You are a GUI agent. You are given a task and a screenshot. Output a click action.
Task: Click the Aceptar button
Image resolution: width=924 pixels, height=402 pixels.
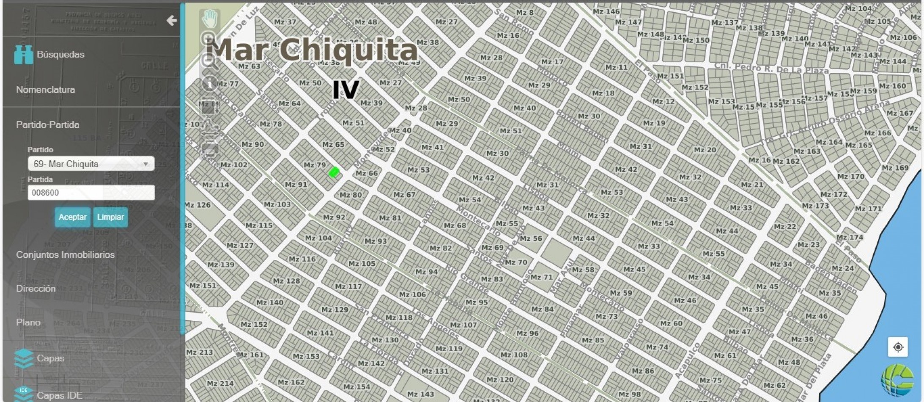click(72, 217)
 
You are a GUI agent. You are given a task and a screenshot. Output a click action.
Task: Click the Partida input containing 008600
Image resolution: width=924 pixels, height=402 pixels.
click(91, 193)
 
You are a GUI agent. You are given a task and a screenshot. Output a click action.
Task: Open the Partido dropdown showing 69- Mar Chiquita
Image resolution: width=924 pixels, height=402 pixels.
click(91, 164)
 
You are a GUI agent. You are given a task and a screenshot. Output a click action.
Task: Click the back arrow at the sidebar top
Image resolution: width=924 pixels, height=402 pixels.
click(171, 20)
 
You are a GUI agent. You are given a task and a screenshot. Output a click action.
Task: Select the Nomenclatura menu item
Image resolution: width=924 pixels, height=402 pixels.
click(46, 90)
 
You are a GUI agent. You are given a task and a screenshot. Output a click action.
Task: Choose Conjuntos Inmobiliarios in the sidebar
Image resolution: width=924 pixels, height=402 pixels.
click(65, 255)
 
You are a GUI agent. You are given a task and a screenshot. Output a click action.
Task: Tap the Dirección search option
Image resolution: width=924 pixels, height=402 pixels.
click(36, 289)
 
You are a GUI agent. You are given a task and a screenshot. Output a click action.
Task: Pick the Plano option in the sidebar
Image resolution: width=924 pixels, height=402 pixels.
click(28, 322)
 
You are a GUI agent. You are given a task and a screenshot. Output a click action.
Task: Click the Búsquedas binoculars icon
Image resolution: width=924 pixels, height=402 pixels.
click(23, 55)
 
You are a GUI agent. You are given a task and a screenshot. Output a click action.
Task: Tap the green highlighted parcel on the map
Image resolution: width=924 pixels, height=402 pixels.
click(334, 172)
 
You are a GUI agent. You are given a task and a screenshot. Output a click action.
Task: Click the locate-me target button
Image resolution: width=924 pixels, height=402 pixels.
click(898, 347)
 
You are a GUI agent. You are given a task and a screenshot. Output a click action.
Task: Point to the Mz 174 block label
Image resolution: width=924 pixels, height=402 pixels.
click(850, 237)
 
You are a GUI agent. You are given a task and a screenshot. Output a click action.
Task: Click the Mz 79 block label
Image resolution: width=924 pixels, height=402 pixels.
click(315, 165)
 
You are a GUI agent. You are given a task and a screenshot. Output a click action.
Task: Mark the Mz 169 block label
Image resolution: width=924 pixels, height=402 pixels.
click(895, 168)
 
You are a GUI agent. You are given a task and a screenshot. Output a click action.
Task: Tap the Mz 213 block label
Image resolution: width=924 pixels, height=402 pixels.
click(200, 352)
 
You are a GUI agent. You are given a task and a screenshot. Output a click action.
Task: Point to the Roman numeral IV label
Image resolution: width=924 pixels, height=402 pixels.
click(345, 90)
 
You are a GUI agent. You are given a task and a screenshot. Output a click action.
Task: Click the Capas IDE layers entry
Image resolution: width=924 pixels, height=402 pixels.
click(59, 395)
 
